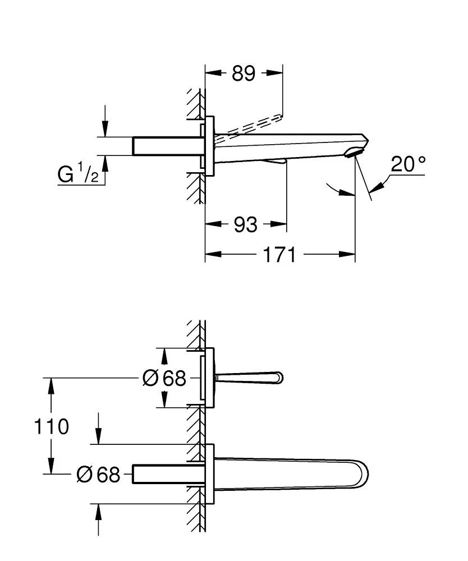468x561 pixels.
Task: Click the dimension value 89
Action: click(244, 73)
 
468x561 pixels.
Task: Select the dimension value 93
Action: click(245, 224)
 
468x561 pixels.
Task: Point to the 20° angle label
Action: click(409, 164)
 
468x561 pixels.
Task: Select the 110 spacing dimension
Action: click(52, 427)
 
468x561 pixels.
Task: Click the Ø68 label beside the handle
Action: click(164, 379)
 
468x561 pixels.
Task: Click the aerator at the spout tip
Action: click(355, 153)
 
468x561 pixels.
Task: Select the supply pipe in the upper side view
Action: click(166, 146)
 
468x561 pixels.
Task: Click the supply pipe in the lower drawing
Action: click(166, 474)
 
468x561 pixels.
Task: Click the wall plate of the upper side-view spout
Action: click(209, 146)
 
